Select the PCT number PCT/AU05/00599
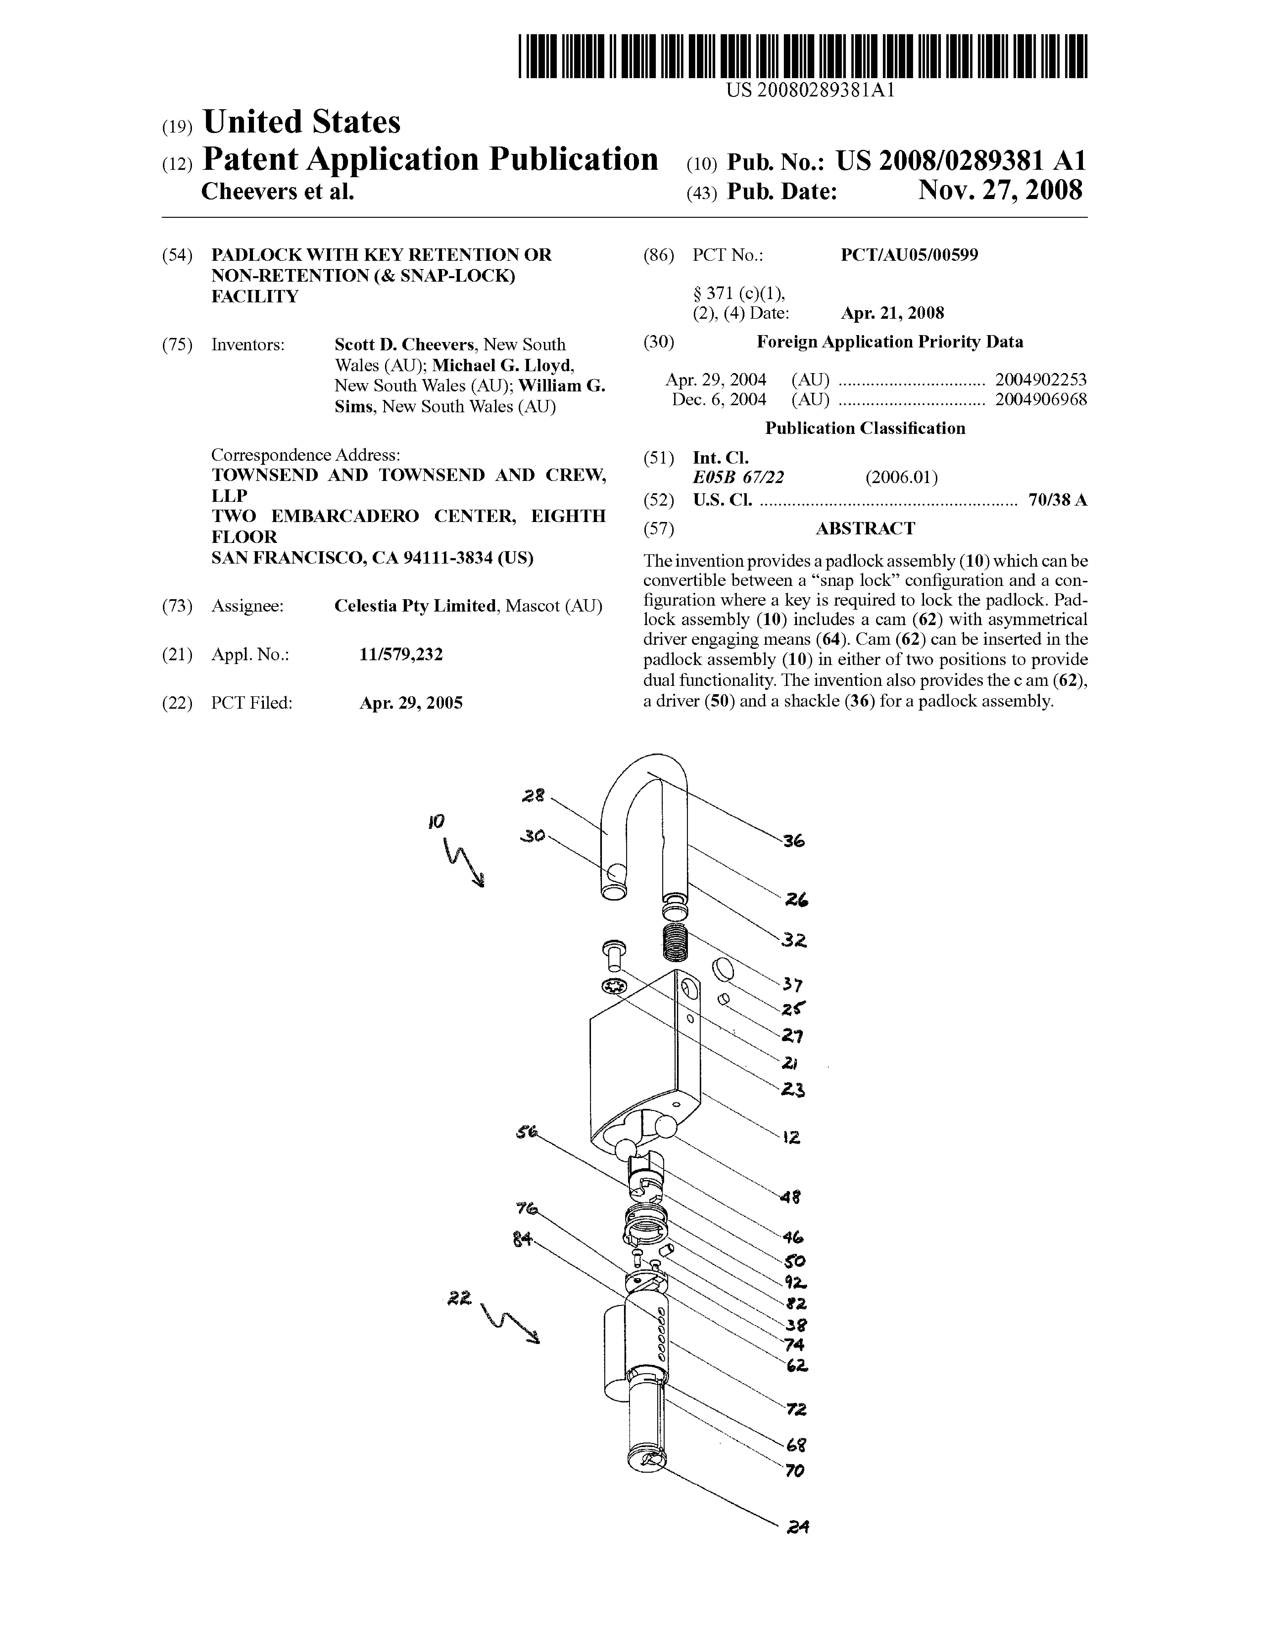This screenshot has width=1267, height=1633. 909,255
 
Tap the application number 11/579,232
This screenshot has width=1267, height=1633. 401,654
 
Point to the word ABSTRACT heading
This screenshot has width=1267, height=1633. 865,529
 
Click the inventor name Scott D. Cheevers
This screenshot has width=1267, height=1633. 404,345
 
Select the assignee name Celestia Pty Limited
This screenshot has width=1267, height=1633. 415,606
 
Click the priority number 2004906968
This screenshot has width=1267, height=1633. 1040,399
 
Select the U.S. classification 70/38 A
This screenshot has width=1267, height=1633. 1057,500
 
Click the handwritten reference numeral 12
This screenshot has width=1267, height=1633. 791,1137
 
